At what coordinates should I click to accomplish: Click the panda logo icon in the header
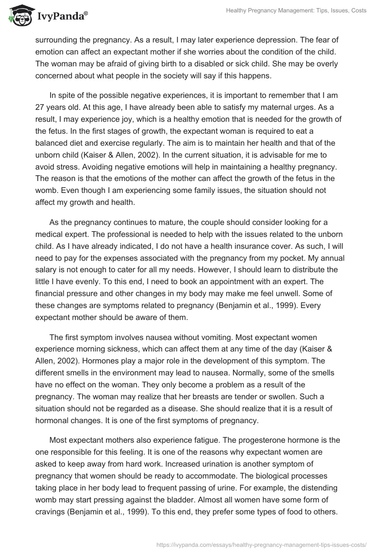(18, 15)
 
